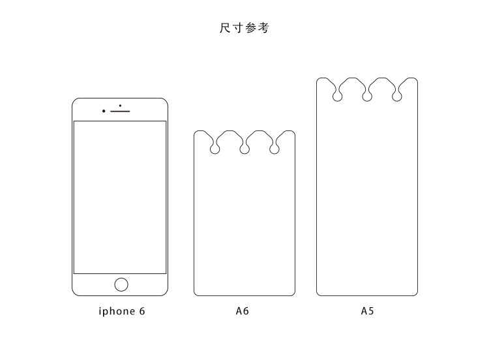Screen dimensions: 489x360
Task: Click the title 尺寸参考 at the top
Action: [244, 28]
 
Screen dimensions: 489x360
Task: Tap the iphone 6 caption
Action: [122, 311]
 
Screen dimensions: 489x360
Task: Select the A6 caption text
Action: [243, 311]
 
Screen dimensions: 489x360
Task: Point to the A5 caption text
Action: [368, 311]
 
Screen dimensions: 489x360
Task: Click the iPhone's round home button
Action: [121, 284]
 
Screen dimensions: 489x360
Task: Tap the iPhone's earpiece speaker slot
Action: [121, 111]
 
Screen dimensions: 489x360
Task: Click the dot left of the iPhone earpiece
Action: [104, 111]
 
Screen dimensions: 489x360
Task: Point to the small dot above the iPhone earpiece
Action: [120, 105]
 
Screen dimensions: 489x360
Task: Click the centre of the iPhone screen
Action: [120, 197]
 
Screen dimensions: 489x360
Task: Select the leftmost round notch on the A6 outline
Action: [215, 150]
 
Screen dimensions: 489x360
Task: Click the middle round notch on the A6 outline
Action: [244, 150]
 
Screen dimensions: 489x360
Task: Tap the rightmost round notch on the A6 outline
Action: [274, 150]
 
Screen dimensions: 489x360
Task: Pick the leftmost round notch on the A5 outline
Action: [337, 97]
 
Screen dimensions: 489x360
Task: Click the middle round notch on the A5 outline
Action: [367, 97]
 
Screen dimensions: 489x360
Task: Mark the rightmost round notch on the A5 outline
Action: [397, 97]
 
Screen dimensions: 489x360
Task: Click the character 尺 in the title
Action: [225, 28]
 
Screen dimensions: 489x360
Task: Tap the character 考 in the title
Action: [263, 28]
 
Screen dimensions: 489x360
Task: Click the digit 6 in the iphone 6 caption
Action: [141, 311]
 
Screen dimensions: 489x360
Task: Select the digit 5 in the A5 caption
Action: [371, 311]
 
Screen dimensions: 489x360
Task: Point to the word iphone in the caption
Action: [116, 311]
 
